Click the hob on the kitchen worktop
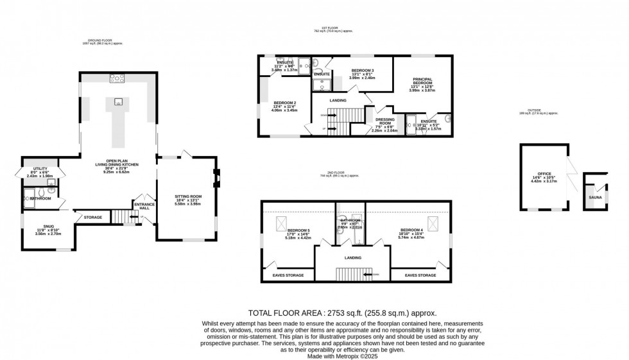pos(117,79)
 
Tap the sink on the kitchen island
pos(118,101)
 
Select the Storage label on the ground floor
pos(92,218)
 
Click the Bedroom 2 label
pos(284,103)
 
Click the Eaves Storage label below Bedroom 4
pos(420,275)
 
